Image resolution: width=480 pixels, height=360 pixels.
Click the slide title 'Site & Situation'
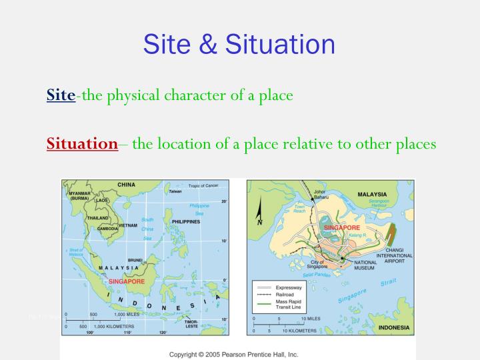coord(239,44)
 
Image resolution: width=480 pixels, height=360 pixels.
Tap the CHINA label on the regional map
coord(126,185)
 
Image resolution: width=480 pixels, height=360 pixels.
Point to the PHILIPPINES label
coord(186,222)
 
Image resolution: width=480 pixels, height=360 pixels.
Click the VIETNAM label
coord(127,226)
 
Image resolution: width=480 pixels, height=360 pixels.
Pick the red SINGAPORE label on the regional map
coord(127,281)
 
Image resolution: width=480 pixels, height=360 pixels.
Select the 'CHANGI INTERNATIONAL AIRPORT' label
coord(394,255)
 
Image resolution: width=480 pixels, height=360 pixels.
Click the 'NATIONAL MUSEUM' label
coord(366,266)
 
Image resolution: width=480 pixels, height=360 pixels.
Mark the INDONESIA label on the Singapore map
coord(394,328)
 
